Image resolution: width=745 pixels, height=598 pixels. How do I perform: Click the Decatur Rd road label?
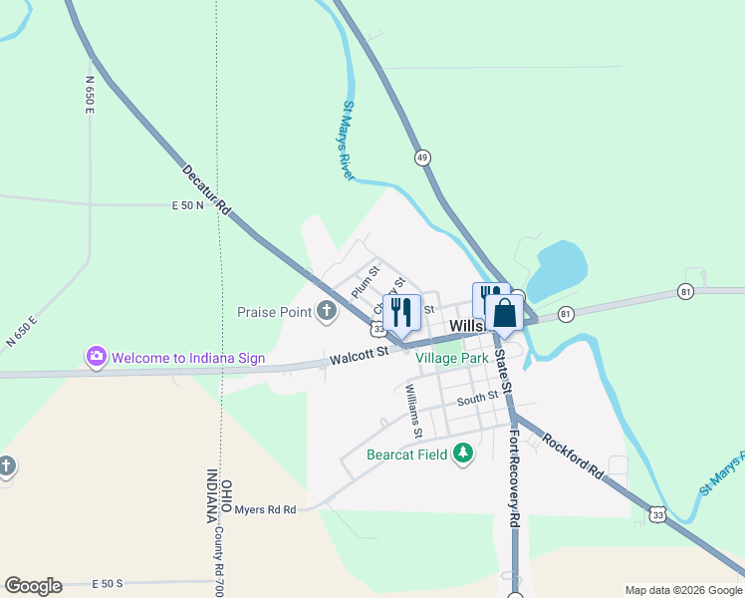[x=207, y=189]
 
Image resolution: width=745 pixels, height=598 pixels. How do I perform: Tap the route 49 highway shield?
[x=423, y=157]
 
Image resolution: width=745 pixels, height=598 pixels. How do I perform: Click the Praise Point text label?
[x=275, y=312]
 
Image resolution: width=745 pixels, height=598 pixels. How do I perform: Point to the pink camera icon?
[x=97, y=356]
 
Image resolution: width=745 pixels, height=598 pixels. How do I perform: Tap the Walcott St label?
[x=359, y=355]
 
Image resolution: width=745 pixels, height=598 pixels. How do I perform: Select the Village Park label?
[x=452, y=357]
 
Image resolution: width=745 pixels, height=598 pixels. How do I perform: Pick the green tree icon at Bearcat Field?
[x=462, y=454]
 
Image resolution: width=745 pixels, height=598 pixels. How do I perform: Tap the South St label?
[x=477, y=399]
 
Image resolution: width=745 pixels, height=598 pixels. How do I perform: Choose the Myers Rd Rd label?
[x=265, y=509]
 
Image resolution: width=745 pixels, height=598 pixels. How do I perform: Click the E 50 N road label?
[x=187, y=205]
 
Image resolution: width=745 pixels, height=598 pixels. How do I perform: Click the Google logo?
[x=33, y=586]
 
